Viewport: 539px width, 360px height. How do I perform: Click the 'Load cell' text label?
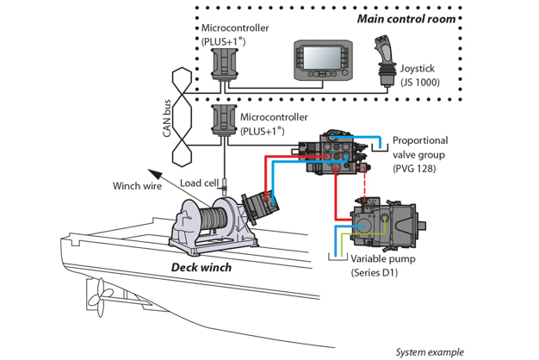[x=197, y=183]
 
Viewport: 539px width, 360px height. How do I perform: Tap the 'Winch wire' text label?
[x=138, y=185]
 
